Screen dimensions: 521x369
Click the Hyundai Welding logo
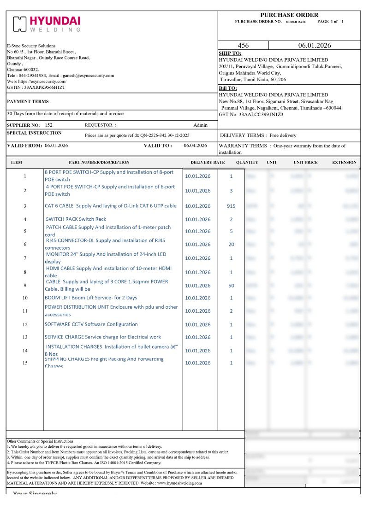click(x=47, y=24)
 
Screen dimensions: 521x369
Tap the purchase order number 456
click(x=243, y=46)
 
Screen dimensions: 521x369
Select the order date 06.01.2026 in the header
click(x=315, y=46)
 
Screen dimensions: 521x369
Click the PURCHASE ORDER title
click(x=289, y=15)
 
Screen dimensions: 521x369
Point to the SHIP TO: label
click(x=227, y=53)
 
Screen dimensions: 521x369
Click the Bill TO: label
click(x=228, y=88)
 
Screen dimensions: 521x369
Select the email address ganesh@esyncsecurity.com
click(x=88, y=75)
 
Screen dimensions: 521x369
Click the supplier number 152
click(x=48, y=125)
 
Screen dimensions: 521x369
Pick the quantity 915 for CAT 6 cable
click(x=231, y=206)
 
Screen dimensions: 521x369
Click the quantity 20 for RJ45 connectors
click(x=231, y=244)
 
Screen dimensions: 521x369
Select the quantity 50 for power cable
click(x=231, y=286)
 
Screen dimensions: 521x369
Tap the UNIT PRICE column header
click(x=305, y=163)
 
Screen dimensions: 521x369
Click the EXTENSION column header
click(x=344, y=163)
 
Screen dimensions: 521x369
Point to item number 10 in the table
click(x=25, y=298)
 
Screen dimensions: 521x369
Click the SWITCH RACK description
click(x=76, y=219)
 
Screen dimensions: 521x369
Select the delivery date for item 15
click(x=197, y=363)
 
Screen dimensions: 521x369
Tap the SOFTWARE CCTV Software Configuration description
click(x=91, y=324)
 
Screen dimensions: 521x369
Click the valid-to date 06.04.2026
click(x=195, y=146)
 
